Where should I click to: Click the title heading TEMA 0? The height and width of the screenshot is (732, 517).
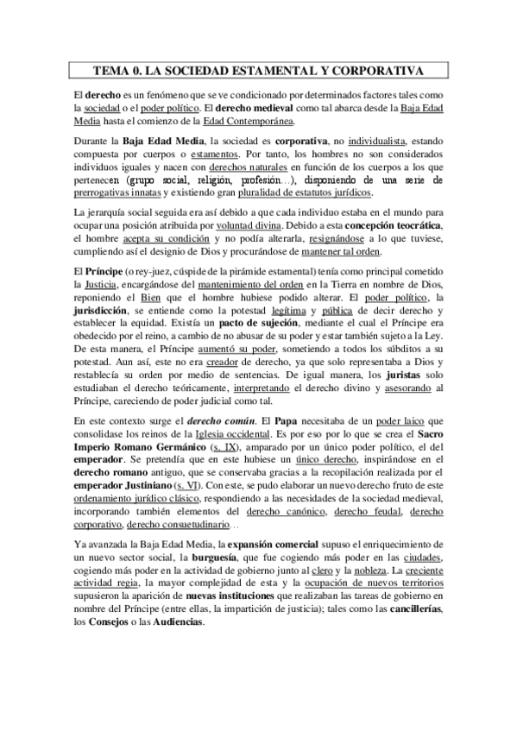[258, 71]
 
